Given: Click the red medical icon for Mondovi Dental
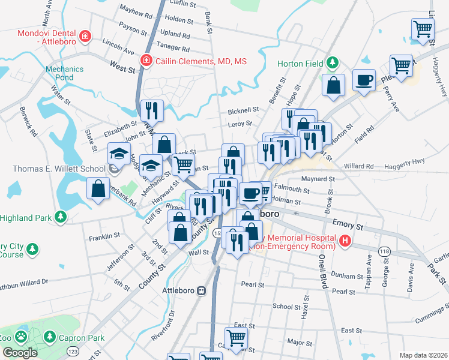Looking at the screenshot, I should pos(86,36).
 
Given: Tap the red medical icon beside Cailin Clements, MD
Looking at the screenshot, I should pos(145,61).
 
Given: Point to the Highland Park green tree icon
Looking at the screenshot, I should pos(59,216).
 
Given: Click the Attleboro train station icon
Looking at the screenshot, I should pos(202,290).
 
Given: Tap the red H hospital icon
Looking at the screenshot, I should pos(345,241).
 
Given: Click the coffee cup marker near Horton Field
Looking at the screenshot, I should pos(363,80).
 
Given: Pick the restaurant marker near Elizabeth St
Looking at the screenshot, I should pos(151,110).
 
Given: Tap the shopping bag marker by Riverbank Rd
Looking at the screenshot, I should pos(97,188).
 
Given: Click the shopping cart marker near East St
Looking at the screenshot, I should pos(236,338).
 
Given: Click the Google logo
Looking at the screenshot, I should pos(20,353).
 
